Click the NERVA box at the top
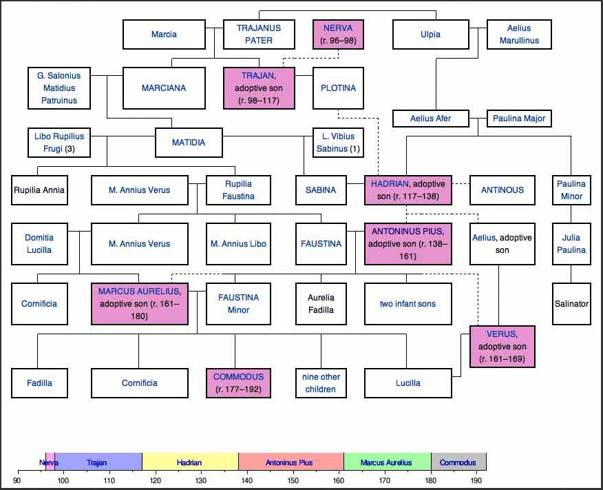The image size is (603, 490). point(337,34)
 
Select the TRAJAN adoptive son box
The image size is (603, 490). point(259,88)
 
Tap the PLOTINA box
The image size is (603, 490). point(338,88)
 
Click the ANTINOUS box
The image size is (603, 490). point(502,190)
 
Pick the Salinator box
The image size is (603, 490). point(571,304)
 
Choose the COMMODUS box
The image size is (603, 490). point(238,383)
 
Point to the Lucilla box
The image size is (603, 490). point(408,383)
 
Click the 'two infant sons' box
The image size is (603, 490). point(408,304)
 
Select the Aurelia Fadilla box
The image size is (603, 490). point(321,304)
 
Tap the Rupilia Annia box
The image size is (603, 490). point(39,190)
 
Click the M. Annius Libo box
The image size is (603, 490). point(238,244)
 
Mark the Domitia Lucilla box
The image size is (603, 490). point(39,244)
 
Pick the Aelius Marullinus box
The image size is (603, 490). point(519,34)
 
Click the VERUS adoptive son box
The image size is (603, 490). point(502,347)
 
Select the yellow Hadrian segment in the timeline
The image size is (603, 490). point(190,462)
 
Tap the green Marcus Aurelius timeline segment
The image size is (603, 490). point(387,462)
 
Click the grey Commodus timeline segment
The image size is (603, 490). point(458,462)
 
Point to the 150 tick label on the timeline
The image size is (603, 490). point(293,480)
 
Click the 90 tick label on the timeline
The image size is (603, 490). point(17,480)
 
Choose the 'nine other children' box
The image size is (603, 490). point(321,383)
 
